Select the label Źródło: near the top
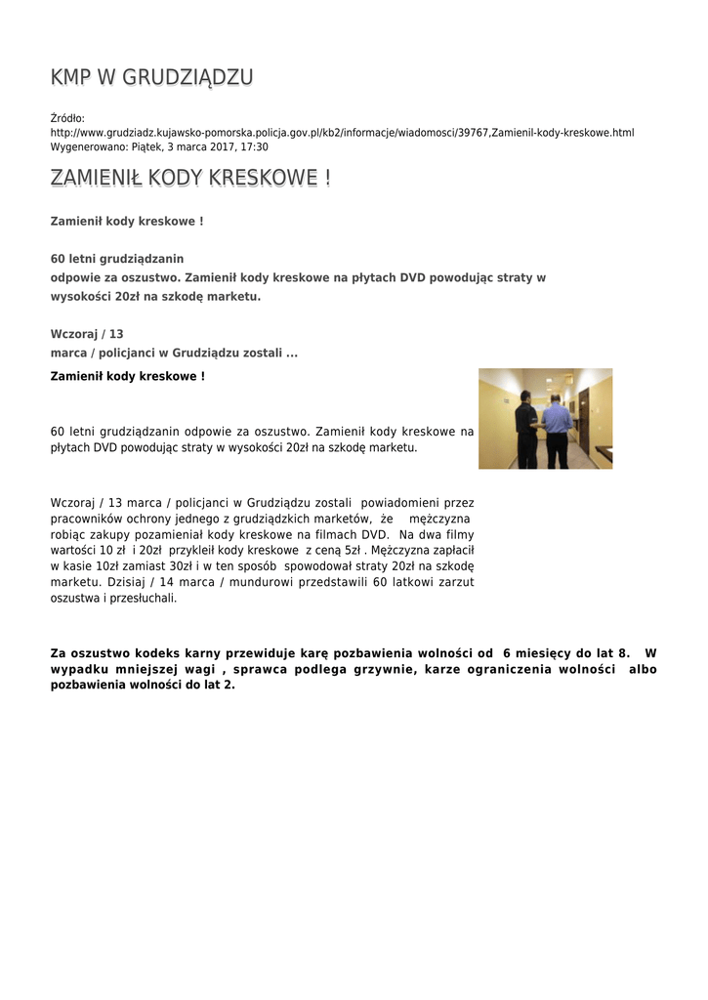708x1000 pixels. coord(67,118)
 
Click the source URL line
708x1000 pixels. coord(342,132)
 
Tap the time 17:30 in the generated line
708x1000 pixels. coord(254,146)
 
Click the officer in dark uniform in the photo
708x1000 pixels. coord(526,430)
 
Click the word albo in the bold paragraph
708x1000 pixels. coord(643,669)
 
